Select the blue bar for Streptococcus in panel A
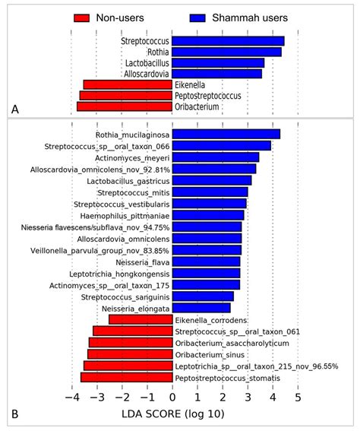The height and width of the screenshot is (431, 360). tap(228, 41)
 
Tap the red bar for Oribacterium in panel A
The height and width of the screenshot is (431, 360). tap(125, 107)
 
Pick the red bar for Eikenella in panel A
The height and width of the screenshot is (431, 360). tap(128, 84)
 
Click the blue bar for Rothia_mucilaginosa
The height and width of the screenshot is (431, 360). tap(226, 134)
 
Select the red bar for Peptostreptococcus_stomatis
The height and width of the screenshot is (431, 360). tap(126, 377)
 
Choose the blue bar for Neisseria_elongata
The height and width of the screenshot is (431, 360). tap(201, 308)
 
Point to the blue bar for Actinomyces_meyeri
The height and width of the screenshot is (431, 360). tap(216, 157)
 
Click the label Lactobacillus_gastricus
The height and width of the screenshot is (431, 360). tap(126, 180)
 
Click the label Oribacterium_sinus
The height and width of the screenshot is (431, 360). tap(204, 354)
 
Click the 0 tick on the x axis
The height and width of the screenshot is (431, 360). tap(172, 397)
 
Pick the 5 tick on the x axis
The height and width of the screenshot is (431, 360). tap(298, 397)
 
